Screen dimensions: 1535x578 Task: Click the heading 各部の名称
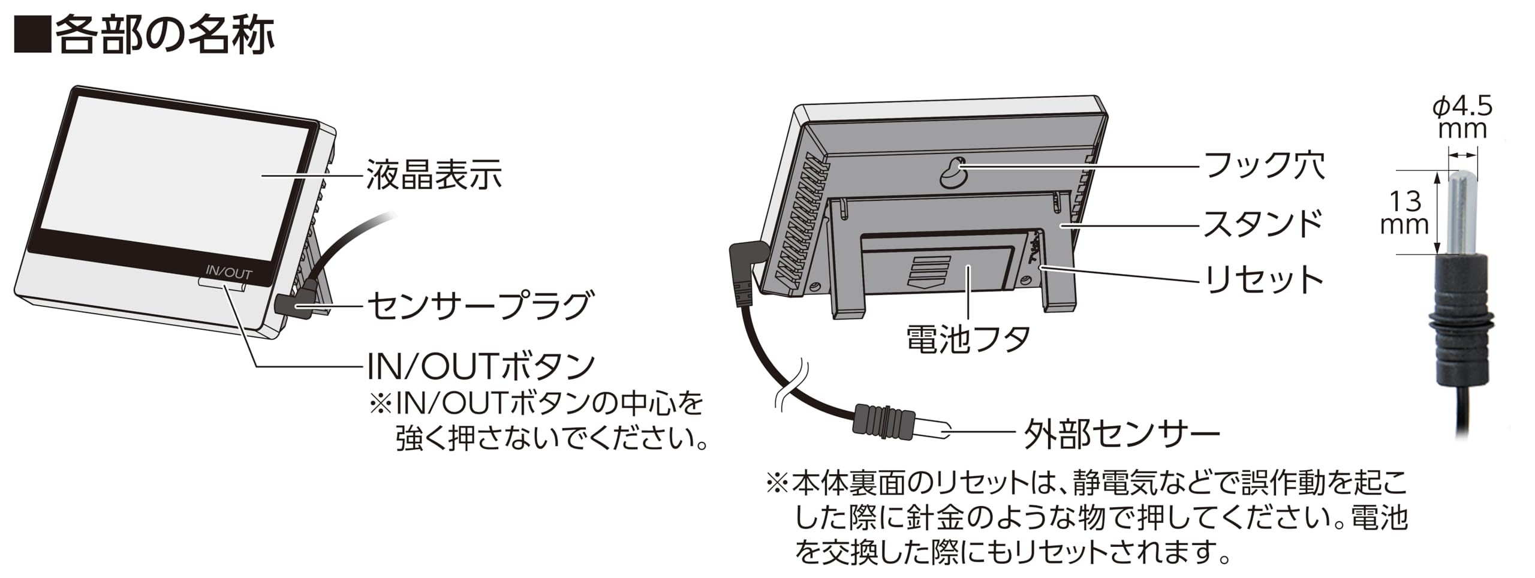click(164, 35)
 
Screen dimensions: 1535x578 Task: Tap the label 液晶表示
click(434, 174)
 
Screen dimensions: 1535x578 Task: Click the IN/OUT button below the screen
click(222, 284)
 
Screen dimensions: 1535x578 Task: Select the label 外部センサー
click(1121, 433)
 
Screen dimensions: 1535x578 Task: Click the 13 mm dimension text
click(1404, 213)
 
